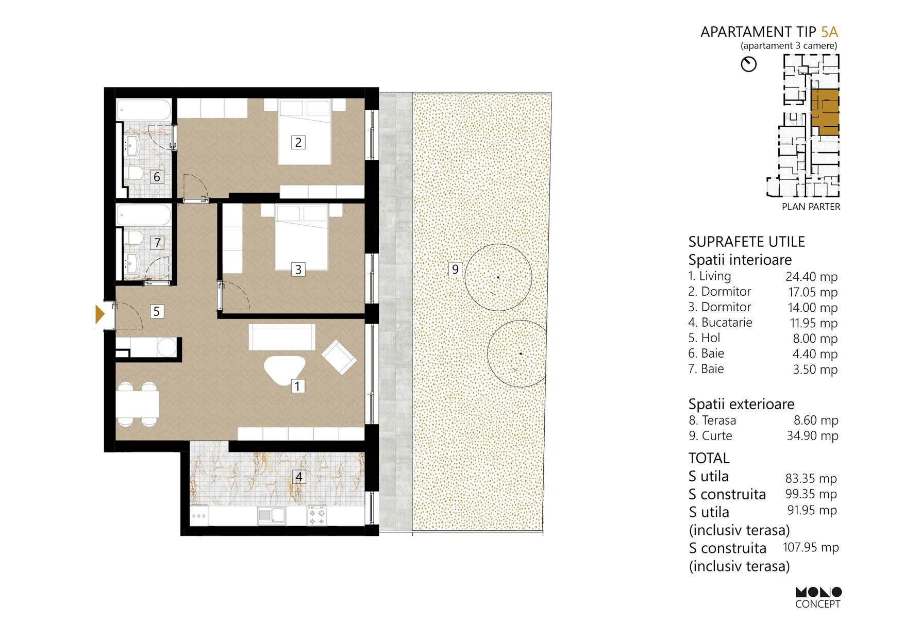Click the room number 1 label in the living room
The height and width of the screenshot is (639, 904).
tap(297, 385)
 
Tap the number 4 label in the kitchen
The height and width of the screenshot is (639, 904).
tap(299, 477)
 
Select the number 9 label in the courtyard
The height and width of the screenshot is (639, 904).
tap(455, 269)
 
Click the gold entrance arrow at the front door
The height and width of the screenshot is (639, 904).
tap(100, 314)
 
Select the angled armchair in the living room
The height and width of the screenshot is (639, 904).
tap(339, 357)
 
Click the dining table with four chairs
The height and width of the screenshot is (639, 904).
tap(137, 405)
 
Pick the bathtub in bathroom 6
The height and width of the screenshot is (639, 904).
tap(143, 110)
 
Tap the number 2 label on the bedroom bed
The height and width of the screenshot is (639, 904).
tap(298, 142)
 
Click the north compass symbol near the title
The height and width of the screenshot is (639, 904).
tap(748, 64)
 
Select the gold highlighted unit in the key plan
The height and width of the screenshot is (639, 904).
tap(825, 111)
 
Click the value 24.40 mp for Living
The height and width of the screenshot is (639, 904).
tap(811, 277)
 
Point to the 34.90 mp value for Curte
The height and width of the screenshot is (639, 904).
tap(812, 435)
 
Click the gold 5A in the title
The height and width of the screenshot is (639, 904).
tap(829, 32)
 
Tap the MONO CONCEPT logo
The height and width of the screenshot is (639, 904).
tap(818, 598)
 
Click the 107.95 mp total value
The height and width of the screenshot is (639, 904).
tap(811, 547)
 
